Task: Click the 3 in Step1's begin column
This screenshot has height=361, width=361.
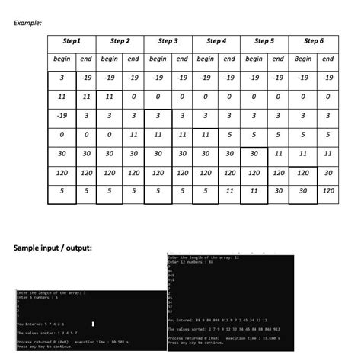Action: tap(60, 78)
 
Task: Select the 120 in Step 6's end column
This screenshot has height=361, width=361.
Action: tap(328, 190)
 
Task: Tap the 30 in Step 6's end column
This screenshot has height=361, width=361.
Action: tap(328, 172)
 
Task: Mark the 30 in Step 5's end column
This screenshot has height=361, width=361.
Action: tap(279, 190)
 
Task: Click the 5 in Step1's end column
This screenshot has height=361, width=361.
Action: tap(86, 190)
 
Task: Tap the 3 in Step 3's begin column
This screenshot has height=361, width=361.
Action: tap(157, 116)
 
